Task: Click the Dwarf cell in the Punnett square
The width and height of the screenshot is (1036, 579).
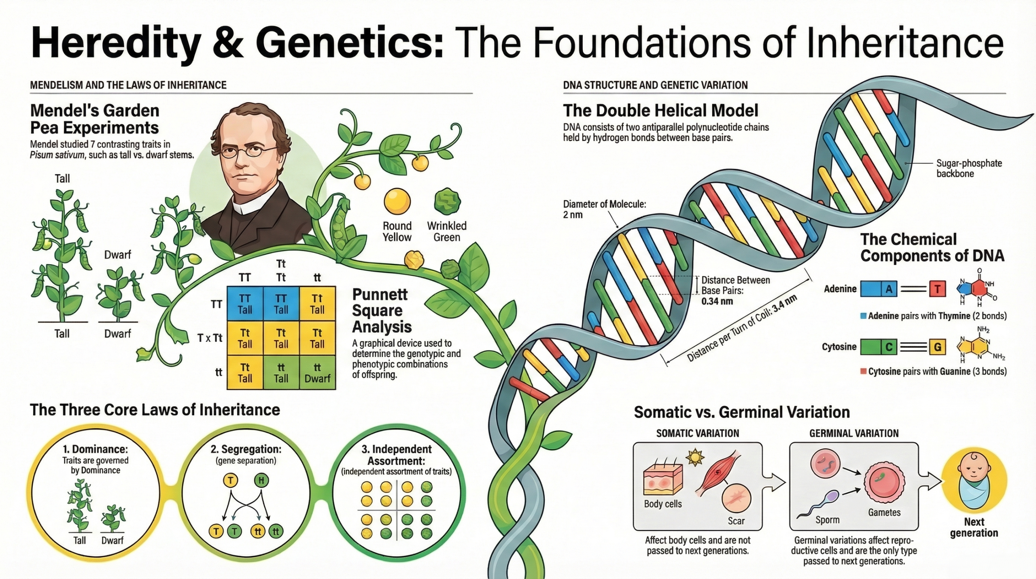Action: click(317, 373)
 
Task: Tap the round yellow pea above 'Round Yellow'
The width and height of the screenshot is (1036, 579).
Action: click(397, 201)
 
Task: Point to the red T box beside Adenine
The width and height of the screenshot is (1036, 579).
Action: click(937, 289)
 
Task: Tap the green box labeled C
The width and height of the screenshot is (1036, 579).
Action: click(879, 347)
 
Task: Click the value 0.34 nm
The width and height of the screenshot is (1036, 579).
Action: click(717, 301)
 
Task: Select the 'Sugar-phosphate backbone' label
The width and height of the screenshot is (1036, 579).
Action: click(969, 169)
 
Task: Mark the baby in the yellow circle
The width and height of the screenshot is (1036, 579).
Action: click(973, 482)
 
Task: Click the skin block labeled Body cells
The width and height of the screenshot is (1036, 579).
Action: click(663, 480)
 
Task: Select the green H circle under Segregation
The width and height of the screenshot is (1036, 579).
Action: click(261, 481)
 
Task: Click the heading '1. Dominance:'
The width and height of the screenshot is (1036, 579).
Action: click(95, 449)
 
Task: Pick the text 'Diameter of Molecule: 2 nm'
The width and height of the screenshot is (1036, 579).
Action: click(604, 209)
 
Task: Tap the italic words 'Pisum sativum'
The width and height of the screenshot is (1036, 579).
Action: click(57, 155)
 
